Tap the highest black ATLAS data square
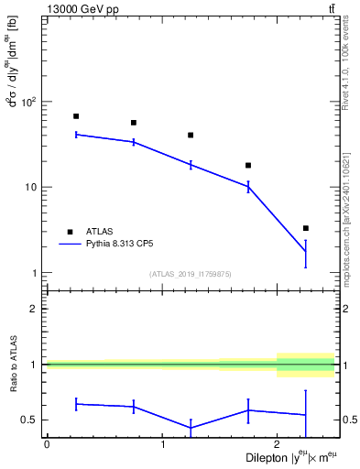[x=76, y=116]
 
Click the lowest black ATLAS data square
[x=306, y=228]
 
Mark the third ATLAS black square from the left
[x=191, y=135]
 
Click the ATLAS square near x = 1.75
[x=248, y=166]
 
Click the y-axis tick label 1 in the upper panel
[x=35, y=273]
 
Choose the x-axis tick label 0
[x=47, y=444]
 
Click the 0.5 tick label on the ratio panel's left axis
[x=30, y=420]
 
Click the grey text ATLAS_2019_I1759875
[x=191, y=274]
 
